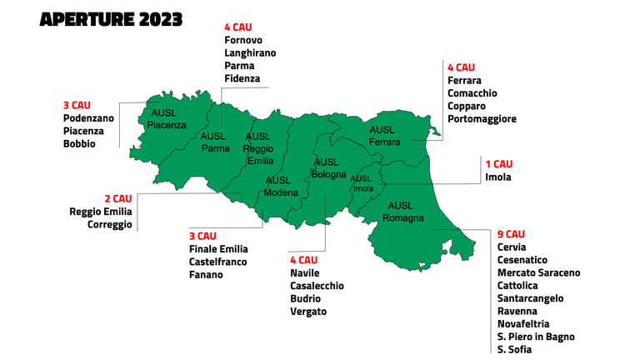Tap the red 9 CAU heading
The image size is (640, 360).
[x=512, y=234]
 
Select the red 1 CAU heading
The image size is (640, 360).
[x=499, y=164]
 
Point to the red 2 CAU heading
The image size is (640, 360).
[x=117, y=198]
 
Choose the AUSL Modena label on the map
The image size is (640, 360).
[x=280, y=187]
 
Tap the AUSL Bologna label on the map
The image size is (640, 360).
[x=328, y=168]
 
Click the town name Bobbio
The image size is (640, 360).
[x=79, y=143]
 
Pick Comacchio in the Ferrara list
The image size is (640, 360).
[x=472, y=93]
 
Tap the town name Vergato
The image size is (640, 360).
[x=308, y=312]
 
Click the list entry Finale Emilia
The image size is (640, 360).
[x=218, y=248]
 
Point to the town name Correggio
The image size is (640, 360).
[x=109, y=224]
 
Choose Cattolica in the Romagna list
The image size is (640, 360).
[x=519, y=285]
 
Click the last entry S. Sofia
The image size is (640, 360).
[x=514, y=349]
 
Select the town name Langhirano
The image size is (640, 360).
[x=250, y=52]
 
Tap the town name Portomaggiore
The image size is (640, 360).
[x=482, y=118]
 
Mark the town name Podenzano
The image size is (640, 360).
[x=88, y=118]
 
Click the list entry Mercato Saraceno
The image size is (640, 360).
[x=538, y=272]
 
